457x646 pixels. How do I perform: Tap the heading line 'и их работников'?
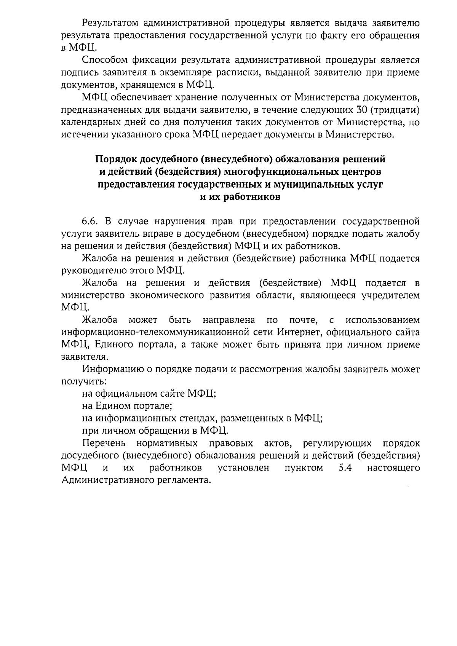click(240, 197)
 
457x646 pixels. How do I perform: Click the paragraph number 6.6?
click(91, 222)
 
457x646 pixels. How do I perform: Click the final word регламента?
click(184, 480)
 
